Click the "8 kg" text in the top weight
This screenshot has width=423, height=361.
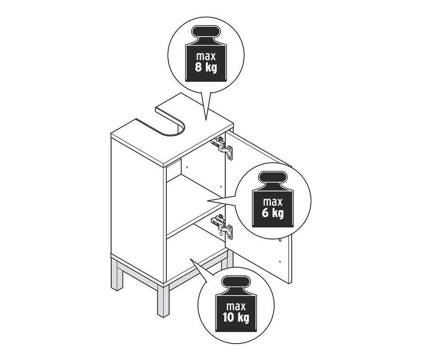coord(206,68)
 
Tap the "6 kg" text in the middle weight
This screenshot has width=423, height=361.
coord(273,213)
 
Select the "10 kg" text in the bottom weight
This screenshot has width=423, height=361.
coord(236,317)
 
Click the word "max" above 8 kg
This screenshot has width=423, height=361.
coord(206,56)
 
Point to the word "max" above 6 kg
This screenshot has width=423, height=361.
coord(273,202)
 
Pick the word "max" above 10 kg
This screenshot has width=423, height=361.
coord(236,306)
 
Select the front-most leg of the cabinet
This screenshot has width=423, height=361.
coord(163,300)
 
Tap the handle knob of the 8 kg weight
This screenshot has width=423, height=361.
coord(206,32)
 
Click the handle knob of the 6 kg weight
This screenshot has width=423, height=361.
coord(273,177)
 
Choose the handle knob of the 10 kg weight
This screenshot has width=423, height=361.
coord(236,281)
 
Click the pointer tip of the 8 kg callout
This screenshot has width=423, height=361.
coord(206,120)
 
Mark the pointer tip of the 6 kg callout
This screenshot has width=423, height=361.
coord(207,201)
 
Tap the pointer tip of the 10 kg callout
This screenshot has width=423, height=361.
coord(190,258)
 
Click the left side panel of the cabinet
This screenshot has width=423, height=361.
coord(137,211)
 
